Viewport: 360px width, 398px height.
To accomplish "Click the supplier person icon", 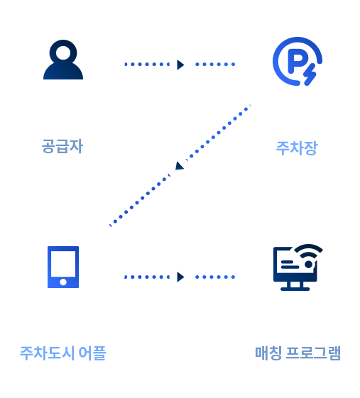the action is (x=63, y=60).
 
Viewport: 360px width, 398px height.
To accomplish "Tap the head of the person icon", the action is (x=63, y=52).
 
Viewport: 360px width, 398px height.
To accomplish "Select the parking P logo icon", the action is (x=298, y=61).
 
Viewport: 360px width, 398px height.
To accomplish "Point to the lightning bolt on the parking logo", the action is (x=310, y=74).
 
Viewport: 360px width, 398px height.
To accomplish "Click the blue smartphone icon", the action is (x=63, y=267).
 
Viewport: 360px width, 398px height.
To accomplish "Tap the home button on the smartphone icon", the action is (x=63, y=282).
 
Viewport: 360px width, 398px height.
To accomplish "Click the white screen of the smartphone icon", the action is (x=63, y=264).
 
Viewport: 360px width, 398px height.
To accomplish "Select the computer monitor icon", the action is (x=298, y=267).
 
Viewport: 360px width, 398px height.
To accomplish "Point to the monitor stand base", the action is (x=295, y=289).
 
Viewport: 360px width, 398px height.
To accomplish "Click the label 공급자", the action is (x=62, y=146).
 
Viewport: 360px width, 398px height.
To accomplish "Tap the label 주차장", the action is (x=297, y=148).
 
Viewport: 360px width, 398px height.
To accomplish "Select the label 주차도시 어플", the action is (x=63, y=353).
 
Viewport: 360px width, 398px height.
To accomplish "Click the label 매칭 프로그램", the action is (x=298, y=353).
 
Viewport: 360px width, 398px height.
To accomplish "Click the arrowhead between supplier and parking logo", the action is (x=180, y=65).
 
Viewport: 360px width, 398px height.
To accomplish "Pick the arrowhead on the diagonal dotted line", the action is (x=180, y=166).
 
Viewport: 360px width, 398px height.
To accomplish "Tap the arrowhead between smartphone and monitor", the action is (x=180, y=277).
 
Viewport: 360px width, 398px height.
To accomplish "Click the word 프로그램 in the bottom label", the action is (x=313, y=353).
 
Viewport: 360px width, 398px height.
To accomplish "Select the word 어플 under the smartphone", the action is (x=92, y=353).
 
